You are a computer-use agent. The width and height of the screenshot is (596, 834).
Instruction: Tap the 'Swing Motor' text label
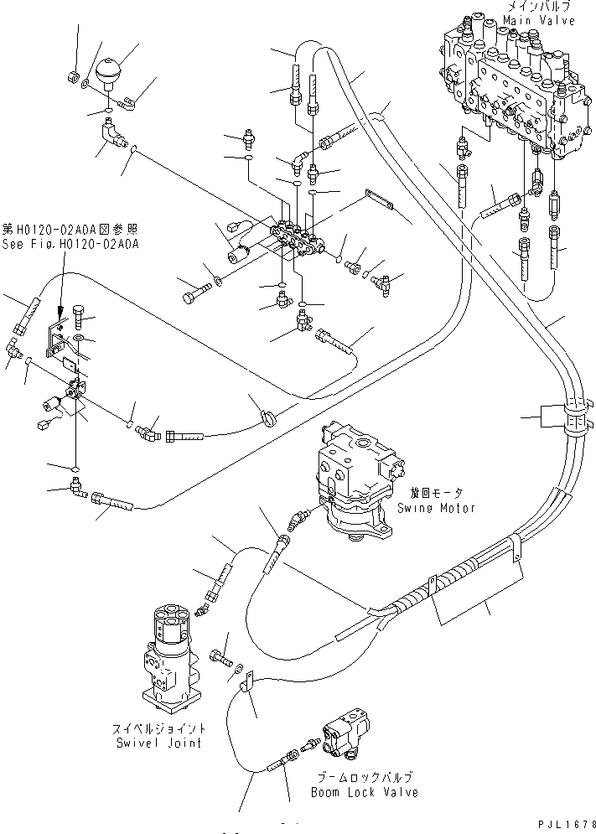tap(443, 508)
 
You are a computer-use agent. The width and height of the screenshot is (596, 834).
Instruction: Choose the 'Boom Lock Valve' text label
tap(364, 792)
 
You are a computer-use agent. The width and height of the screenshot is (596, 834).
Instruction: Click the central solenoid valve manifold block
tap(298, 238)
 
